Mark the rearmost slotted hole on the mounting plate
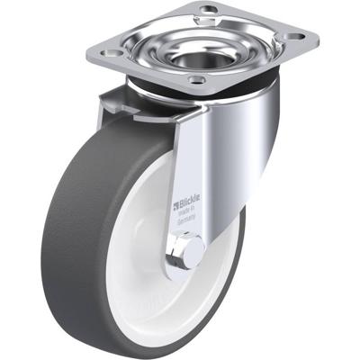pyautogui.click(x=211, y=11)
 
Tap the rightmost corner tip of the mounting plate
pyautogui.click(x=319, y=39)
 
